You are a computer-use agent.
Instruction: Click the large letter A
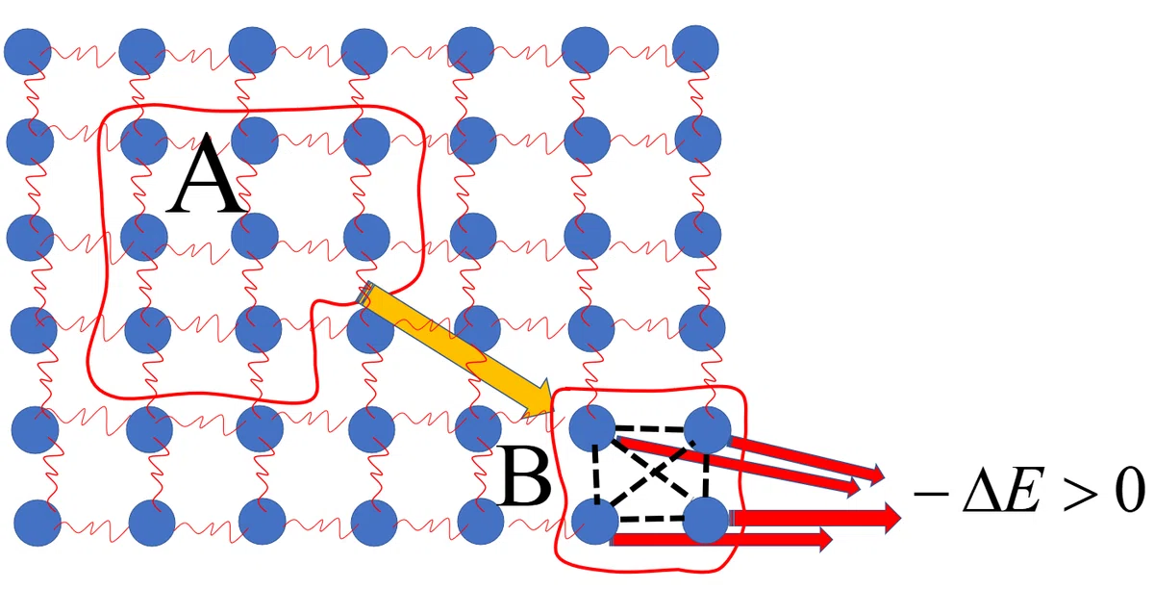pos(206,174)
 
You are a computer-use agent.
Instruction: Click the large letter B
pos(524,476)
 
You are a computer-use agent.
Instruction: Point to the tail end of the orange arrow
pos(364,293)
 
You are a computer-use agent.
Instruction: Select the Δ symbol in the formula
pos(985,489)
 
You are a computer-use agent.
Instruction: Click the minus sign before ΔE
pos(931,494)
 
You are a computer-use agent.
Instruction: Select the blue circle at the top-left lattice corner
pos(27,52)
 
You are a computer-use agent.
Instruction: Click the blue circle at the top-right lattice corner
pos(695,48)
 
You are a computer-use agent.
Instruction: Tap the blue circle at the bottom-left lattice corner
pos(38,523)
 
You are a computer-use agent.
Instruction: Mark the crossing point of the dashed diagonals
pos(652,471)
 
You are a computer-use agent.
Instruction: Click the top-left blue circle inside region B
pos(592,427)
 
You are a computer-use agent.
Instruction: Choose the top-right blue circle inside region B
pos(708,429)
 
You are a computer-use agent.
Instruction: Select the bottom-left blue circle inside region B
pos(595,521)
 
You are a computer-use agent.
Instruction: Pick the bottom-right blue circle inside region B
pos(706,520)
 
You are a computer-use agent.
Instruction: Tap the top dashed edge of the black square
pos(651,428)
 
